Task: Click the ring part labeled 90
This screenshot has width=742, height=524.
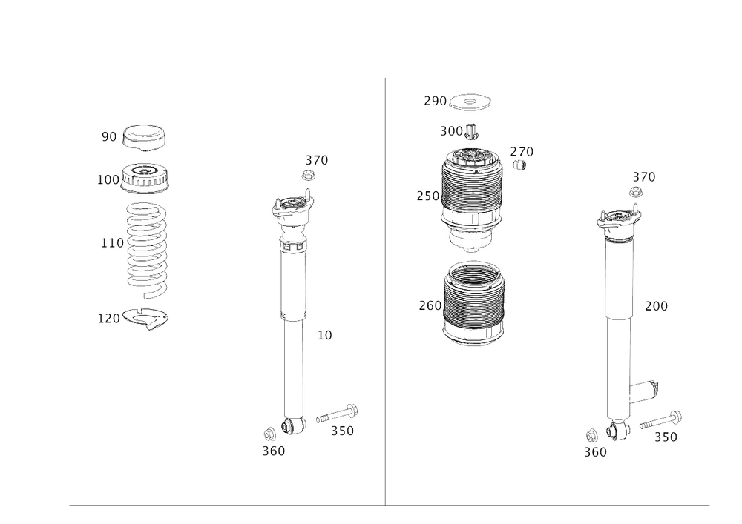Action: (x=144, y=137)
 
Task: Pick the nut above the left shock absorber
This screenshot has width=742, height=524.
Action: (x=304, y=175)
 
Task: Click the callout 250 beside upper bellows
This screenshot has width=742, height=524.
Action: (x=428, y=196)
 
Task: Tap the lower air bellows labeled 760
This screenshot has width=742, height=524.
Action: (x=473, y=304)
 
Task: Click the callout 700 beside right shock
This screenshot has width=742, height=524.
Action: (x=655, y=305)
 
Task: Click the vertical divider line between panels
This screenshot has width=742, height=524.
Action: (x=385, y=296)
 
